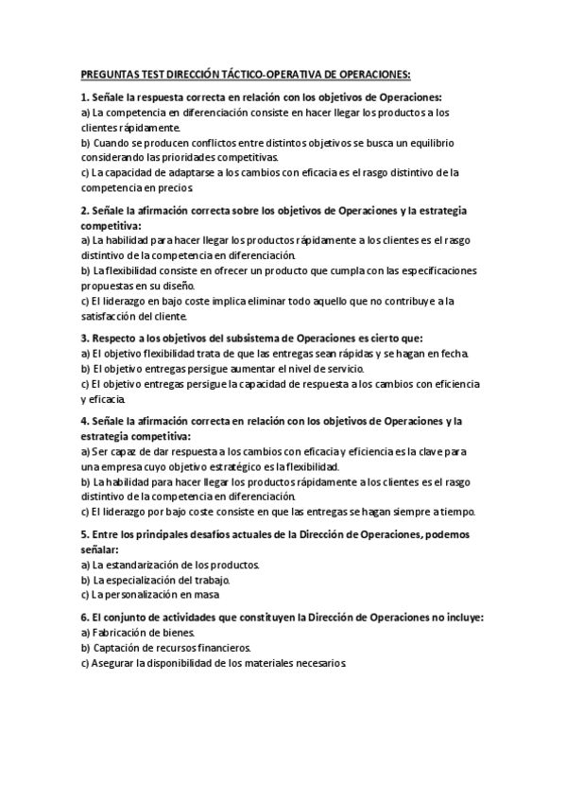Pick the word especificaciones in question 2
pos(434,270)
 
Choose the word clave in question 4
pos(452,452)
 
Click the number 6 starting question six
pos(84,618)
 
